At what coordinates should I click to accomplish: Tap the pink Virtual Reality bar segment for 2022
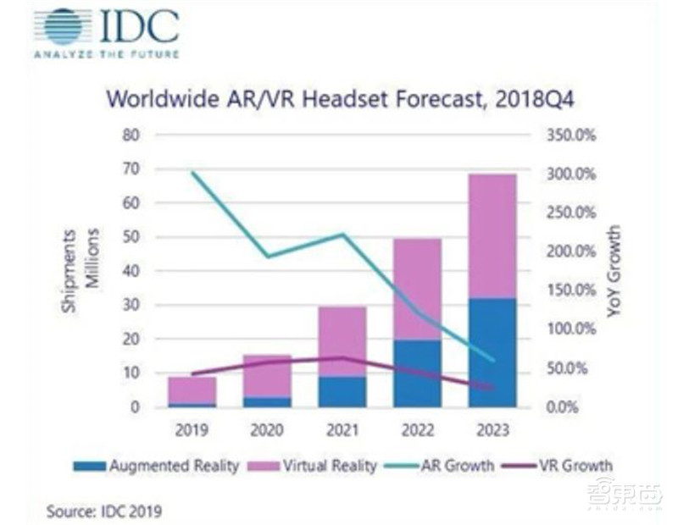pyautogui.click(x=417, y=289)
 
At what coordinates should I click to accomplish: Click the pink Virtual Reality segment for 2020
pyautogui.click(x=266, y=375)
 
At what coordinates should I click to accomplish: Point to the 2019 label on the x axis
pyautogui.click(x=192, y=430)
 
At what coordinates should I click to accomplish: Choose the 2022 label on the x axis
pyautogui.click(x=417, y=430)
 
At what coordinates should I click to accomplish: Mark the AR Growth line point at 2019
pyautogui.click(x=192, y=173)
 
